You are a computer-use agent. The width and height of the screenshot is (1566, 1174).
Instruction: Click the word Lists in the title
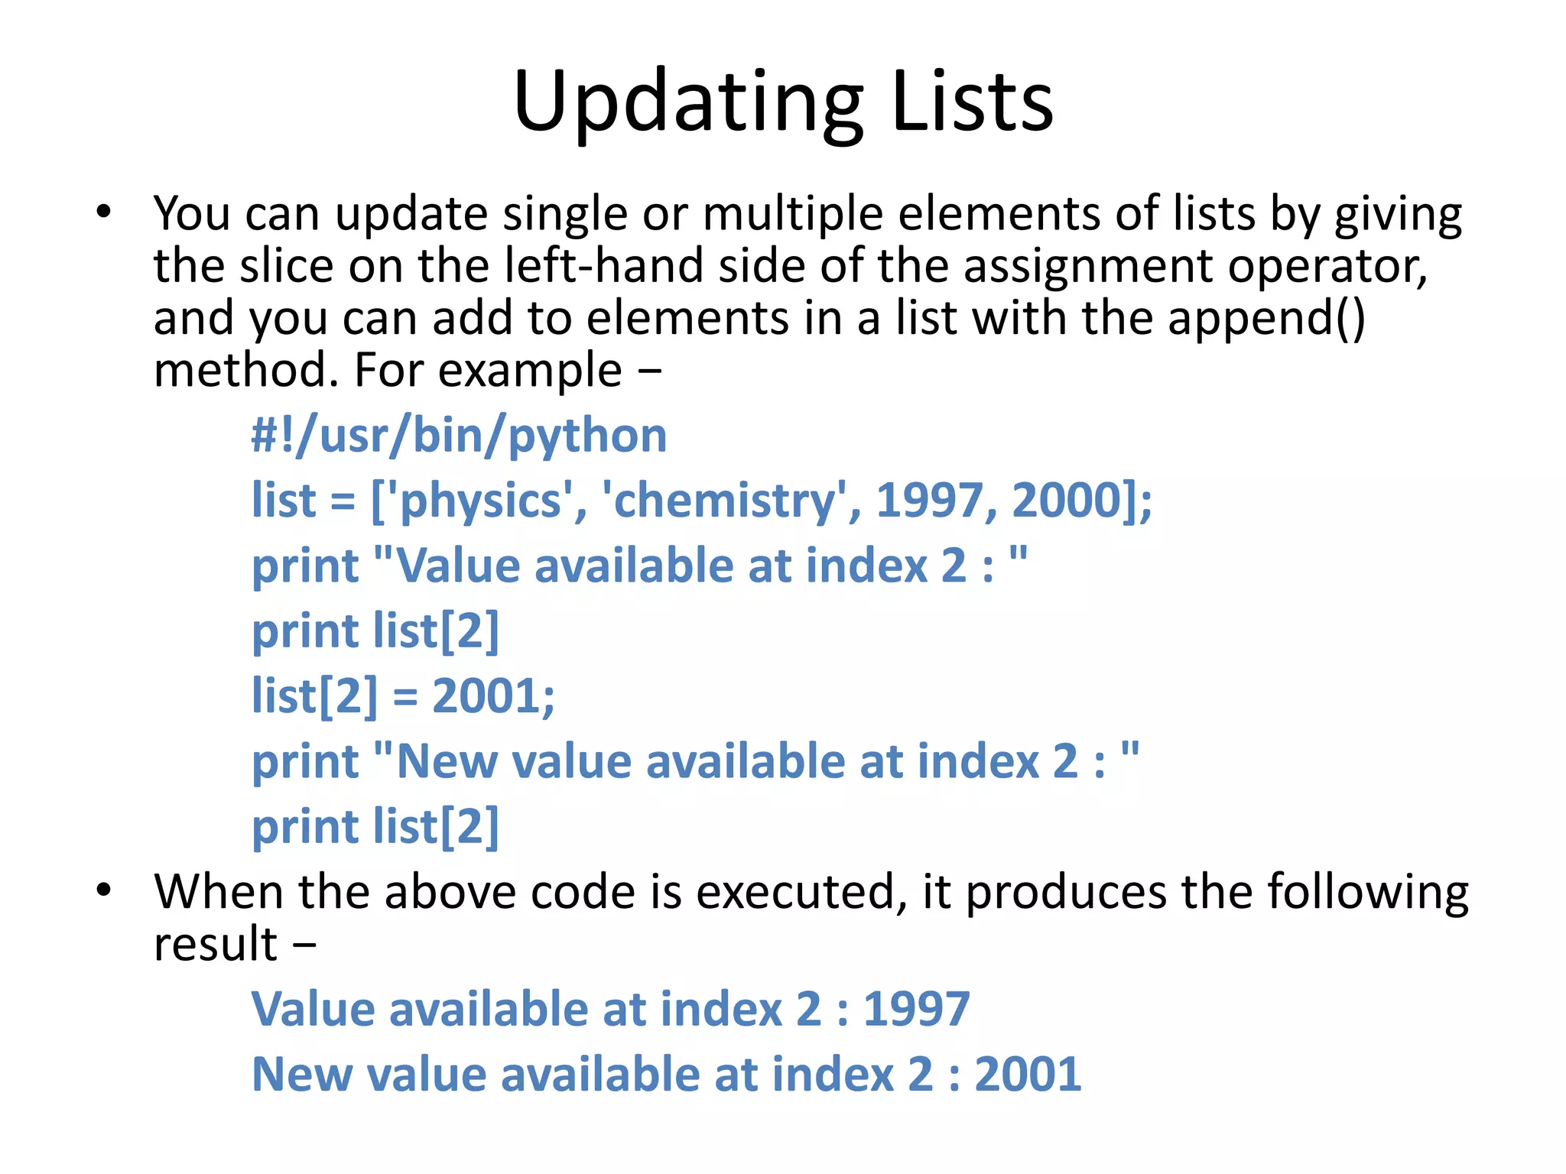pyautogui.click(x=972, y=102)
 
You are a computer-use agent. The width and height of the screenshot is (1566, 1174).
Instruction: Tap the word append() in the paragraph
pyautogui.click(x=1266, y=318)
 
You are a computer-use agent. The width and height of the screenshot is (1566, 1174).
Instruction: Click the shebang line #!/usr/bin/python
pyautogui.click(x=459, y=436)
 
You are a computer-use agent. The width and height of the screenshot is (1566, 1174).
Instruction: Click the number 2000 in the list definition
pyautogui.click(x=1067, y=501)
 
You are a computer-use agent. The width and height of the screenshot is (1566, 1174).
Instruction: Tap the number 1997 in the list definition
pyautogui.click(x=929, y=501)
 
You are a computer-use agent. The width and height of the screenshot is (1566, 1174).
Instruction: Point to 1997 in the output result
pyautogui.click(x=916, y=1009)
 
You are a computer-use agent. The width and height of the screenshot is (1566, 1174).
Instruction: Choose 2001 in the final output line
pyautogui.click(x=1028, y=1075)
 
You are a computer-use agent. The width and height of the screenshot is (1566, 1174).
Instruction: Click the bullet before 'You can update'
pyautogui.click(x=104, y=212)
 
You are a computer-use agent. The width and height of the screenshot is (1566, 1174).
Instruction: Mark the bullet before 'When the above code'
pyautogui.click(x=104, y=890)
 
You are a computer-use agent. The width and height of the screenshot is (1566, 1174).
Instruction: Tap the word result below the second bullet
pyautogui.click(x=216, y=944)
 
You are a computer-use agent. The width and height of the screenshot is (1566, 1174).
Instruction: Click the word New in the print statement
pyautogui.click(x=447, y=762)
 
